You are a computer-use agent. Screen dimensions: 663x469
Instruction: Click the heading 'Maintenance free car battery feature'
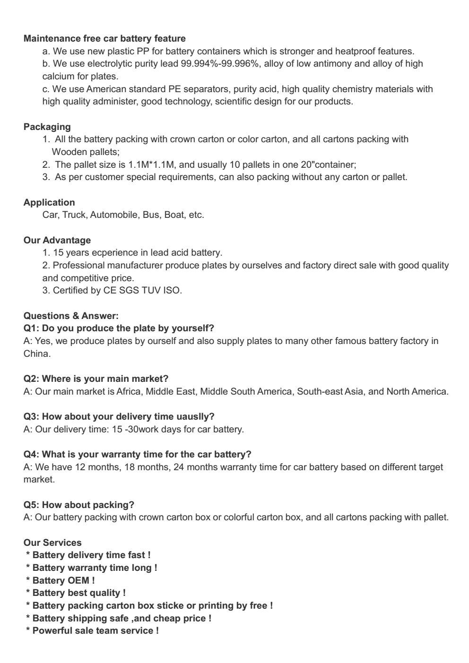coord(104,38)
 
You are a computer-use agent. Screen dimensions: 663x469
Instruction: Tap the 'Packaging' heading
coord(47,127)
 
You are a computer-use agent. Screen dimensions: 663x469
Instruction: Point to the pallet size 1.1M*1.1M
coord(152,164)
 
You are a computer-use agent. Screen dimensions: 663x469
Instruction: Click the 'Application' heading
coord(49,202)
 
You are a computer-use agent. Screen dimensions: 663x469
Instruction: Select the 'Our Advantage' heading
coord(57,240)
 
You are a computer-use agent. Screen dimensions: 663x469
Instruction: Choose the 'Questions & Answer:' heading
coord(71,316)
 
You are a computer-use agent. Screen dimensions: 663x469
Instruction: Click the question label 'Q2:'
coord(32,379)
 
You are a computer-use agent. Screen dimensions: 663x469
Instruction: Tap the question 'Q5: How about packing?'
coord(79,505)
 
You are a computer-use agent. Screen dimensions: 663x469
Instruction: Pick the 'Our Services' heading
coord(52,542)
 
